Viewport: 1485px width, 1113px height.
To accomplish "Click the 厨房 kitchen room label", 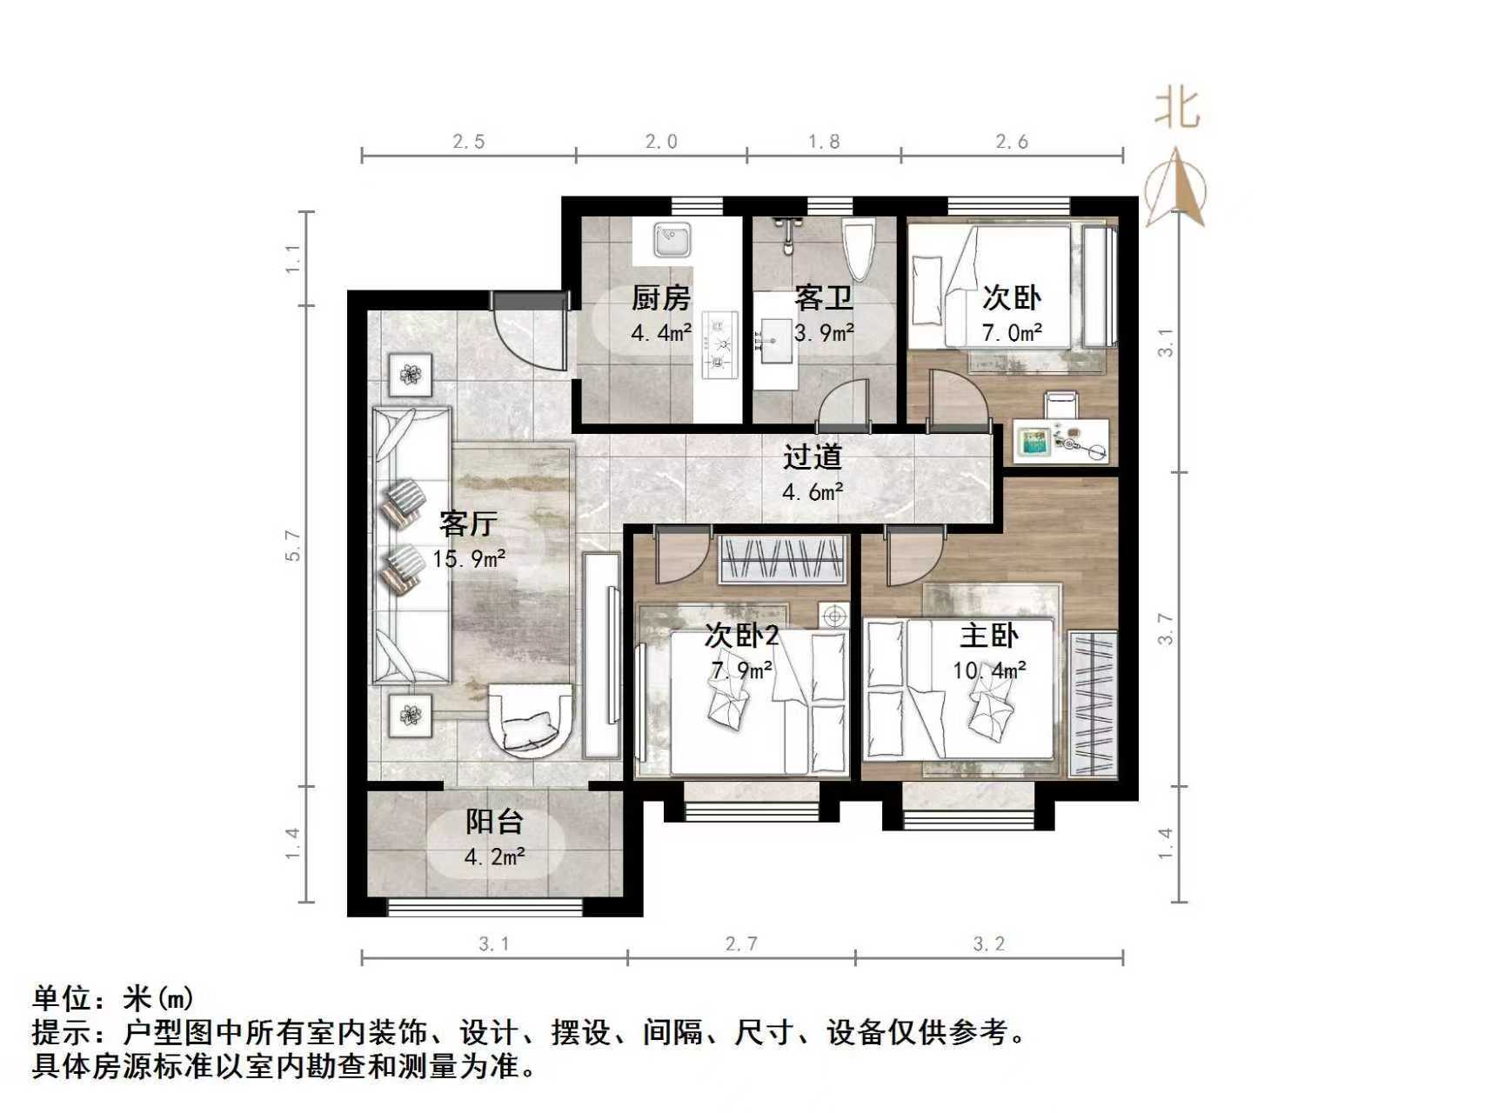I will pos(660,298).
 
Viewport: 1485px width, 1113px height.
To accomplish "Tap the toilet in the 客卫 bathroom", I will pos(858,249).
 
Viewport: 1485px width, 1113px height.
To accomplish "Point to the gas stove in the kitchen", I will pos(719,344).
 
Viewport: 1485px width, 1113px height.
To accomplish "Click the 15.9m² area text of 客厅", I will pos(469,558).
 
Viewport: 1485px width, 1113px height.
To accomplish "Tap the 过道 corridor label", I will pos(813,457).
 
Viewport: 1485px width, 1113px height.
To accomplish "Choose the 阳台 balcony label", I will pos(494,822).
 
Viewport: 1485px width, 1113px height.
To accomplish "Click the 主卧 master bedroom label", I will pos(989,636).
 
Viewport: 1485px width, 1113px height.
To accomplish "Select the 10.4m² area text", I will pos(989,670).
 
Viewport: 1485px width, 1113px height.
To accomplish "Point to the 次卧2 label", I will pos(741,636).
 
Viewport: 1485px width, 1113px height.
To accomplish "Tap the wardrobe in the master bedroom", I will pos(1093,703).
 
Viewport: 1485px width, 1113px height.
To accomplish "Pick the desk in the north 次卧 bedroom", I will pos(1061,440).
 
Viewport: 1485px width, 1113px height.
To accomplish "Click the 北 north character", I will pos(1176,110).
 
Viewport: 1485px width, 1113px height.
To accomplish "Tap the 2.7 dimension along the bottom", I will pos(741,943).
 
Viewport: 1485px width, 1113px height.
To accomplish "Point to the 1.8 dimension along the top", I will pos(823,142).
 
